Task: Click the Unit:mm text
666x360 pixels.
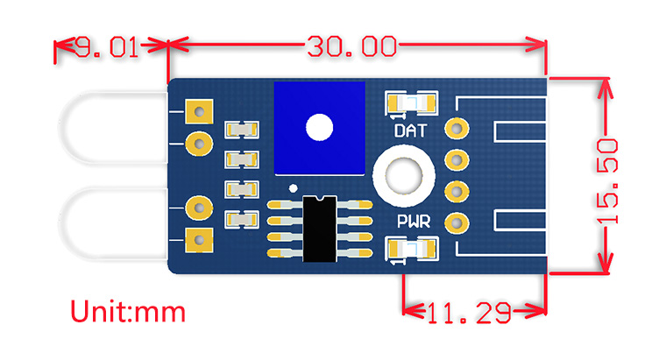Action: point(128,311)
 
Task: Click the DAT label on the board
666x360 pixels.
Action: point(412,132)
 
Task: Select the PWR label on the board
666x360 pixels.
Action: point(412,222)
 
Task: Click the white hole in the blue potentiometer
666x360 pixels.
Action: point(320,128)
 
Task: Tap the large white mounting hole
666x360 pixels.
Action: point(404,173)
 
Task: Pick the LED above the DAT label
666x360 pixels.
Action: point(412,104)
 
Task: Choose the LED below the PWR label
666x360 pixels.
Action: point(412,251)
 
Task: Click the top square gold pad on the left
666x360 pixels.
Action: point(201,112)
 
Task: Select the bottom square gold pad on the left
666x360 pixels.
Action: point(201,238)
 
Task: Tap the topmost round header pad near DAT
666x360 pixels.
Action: point(456,129)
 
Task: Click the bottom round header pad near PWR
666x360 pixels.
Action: point(456,222)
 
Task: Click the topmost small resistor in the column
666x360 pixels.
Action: point(242,130)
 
